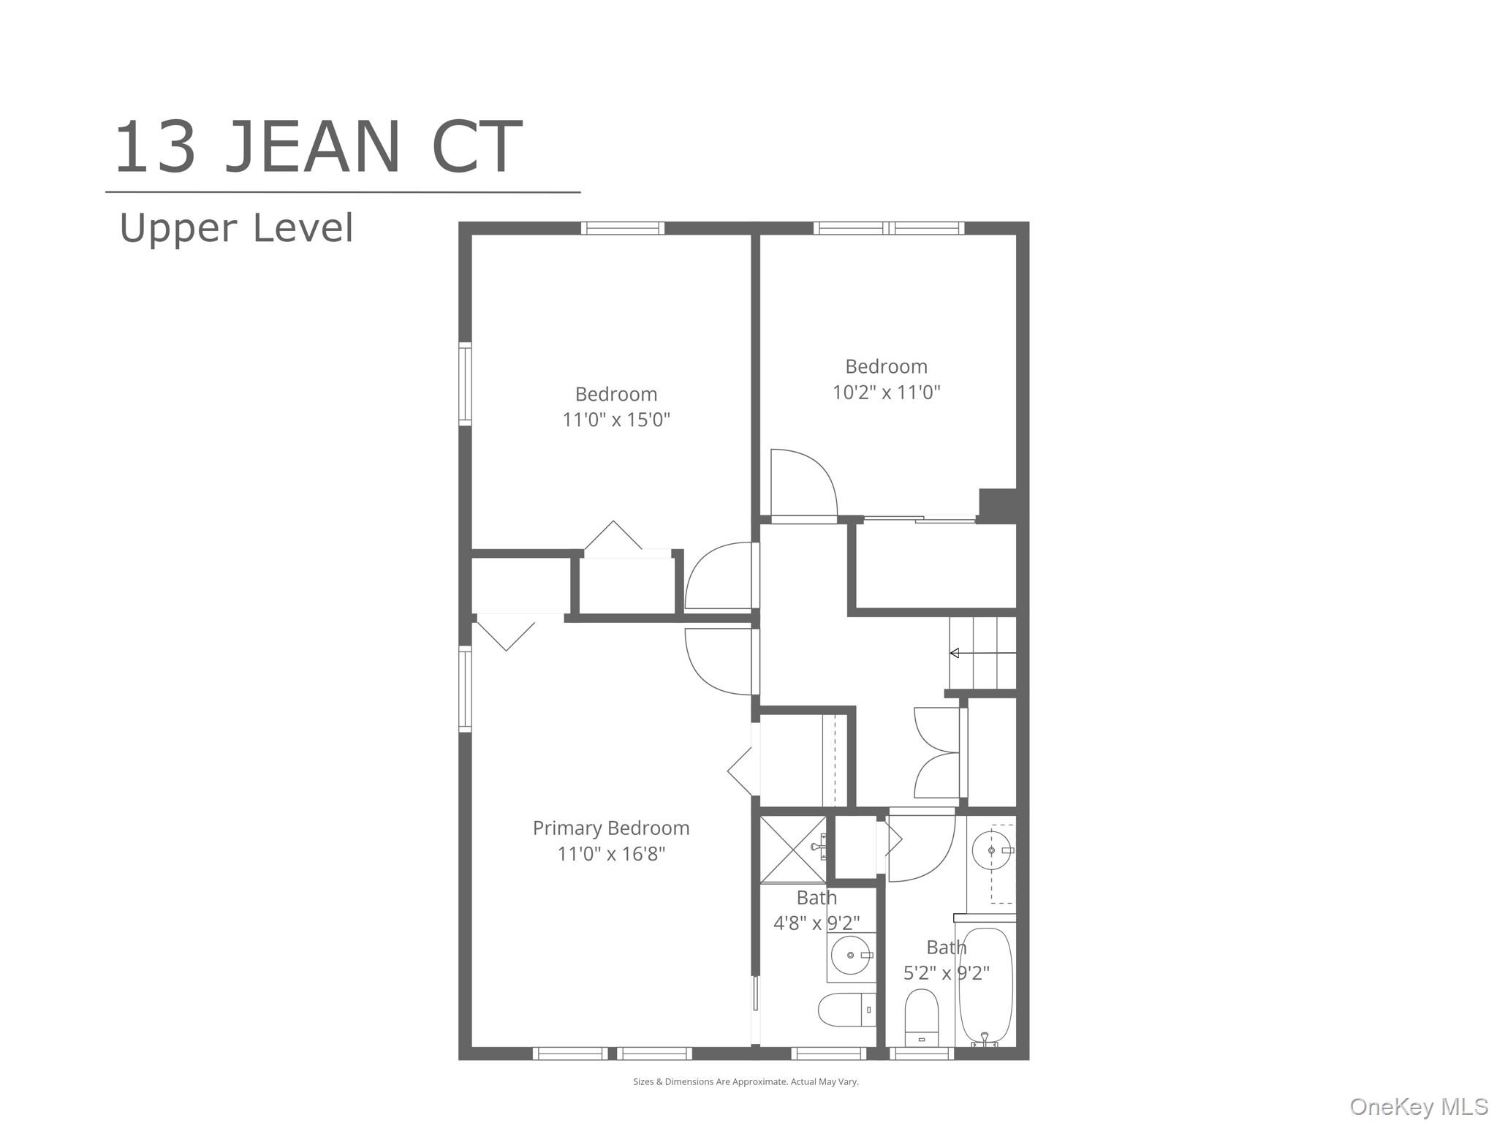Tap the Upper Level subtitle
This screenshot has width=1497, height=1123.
(x=236, y=227)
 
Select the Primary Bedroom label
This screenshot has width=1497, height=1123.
(x=611, y=828)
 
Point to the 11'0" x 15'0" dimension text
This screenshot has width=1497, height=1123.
(x=616, y=420)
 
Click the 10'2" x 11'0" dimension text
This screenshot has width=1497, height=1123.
(x=887, y=392)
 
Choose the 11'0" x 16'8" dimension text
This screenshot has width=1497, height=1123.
(x=611, y=853)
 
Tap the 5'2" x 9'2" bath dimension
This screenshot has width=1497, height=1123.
(x=947, y=973)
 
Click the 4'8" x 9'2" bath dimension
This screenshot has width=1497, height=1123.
(x=816, y=923)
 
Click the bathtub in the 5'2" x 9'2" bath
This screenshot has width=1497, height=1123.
(x=985, y=985)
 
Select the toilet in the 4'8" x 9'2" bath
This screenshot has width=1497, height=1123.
(x=846, y=1010)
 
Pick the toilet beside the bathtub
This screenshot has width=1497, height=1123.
(x=921, y=1017)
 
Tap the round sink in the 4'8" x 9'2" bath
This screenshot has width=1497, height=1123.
(x=851, y=955)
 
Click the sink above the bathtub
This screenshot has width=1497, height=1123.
(x=992, y=850)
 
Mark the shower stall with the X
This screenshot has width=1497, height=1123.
(x=793, y=849)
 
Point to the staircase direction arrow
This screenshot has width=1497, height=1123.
(x=982, y=653)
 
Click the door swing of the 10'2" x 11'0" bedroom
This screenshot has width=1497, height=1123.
(x=804, y=483)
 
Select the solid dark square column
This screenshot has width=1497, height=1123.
(x=998, y=506)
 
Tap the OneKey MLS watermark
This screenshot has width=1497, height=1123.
(x=1419, y=1107)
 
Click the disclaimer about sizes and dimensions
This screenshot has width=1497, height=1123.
(x=746, y=1081)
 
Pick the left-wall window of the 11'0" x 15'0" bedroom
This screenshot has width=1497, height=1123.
(x=465, y=384)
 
